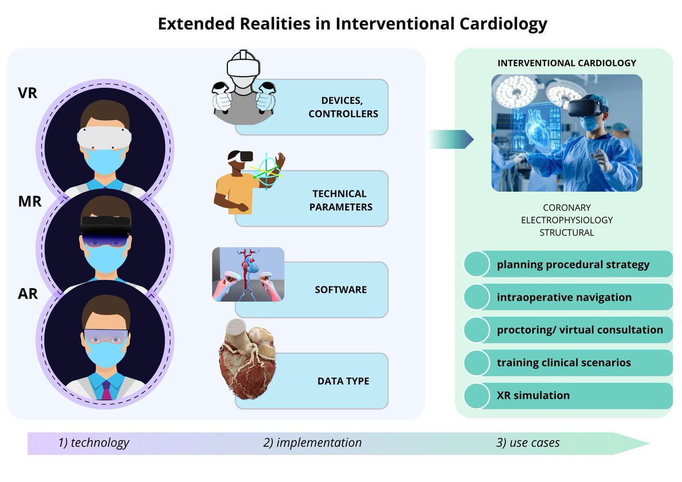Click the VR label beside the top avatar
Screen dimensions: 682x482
click(x=28, y=93)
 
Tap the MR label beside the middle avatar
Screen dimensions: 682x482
click(x=30, y=201)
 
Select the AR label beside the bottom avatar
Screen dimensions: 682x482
click(x=28, y=293)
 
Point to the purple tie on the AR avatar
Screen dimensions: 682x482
click(x=106, y=390)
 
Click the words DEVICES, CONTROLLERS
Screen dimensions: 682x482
click(x=343, y=107)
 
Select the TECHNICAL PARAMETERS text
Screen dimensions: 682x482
click(x=340, y=200)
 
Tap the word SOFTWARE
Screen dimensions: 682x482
click(x=340, y=289)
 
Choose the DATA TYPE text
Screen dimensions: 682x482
click(x=343, y=381)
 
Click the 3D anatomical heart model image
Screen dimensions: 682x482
click(x=248, y=359)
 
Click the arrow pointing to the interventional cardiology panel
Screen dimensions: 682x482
click(x=451, y=139)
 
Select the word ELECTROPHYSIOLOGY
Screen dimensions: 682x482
click(x=567, y=220)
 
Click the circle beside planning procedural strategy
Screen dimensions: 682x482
click(x=477, y=264)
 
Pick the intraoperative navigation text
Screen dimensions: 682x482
click(x=564, y=297)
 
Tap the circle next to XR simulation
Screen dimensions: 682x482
click(x=477, y=396)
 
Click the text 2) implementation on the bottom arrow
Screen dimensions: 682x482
click(x=313, y=443)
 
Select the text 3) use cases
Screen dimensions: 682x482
click(x=527, y=443)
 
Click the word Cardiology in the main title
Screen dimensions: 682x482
click(x=504, y=24)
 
